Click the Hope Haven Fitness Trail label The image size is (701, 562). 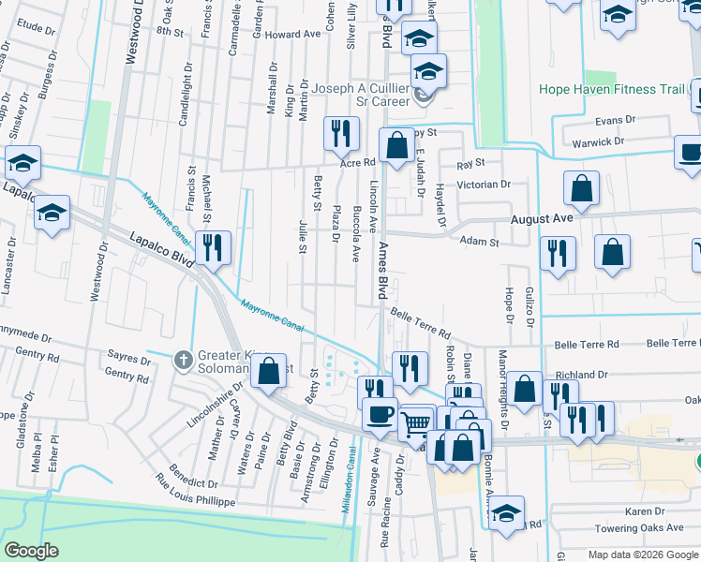point(613,91)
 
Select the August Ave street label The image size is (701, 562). point(541,217)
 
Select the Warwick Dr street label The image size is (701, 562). point(599,141)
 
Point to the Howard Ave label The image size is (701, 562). point(292,34)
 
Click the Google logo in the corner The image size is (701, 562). point(32,550)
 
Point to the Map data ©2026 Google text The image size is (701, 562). point(642,555)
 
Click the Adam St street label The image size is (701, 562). point(479,241)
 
